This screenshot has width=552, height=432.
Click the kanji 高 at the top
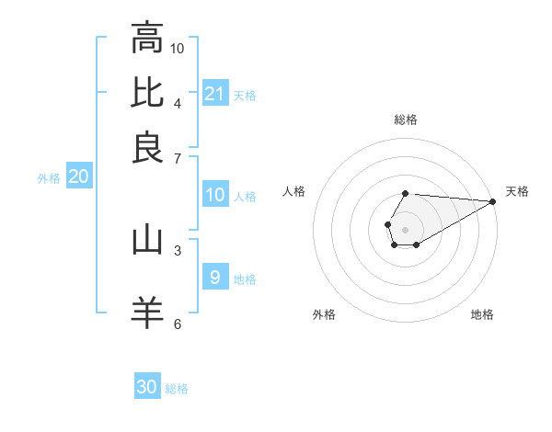147,39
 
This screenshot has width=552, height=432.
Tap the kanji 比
147,93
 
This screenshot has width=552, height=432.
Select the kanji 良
147,147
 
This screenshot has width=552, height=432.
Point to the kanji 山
147,240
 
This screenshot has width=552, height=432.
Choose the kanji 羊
147,312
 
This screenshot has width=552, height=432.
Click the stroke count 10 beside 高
178,47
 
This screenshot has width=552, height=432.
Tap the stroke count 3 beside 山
178,249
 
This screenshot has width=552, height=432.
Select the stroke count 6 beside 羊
178,323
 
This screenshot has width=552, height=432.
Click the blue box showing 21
215,94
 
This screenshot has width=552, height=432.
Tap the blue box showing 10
215,195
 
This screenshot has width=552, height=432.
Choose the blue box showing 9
215,278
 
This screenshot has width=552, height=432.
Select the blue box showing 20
79,177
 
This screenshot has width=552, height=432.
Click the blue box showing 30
147,387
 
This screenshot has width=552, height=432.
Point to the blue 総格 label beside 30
177,389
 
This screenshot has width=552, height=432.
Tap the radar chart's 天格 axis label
517,191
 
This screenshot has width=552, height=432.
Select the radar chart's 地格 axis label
482,314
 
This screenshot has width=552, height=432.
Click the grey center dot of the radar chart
405,229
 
